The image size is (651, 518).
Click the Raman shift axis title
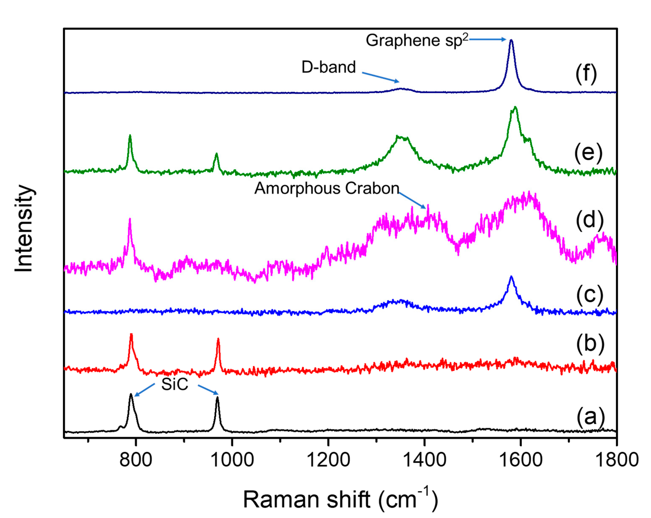pos(340,500)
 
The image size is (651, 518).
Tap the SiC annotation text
pos(175,384)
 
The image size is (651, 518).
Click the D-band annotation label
pos(329,67)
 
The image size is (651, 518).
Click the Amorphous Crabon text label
pos(327,188)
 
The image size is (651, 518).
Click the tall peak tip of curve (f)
pos(511,40)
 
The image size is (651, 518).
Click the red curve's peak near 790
pos(131,334)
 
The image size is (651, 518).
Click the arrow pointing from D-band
pos(380,77)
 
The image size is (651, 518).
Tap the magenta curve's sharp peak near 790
pos(130,219)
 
